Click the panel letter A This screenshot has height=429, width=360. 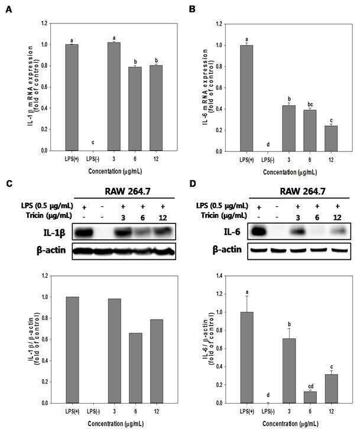(x=9, y=9)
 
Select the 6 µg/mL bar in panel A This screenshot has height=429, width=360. (x=135, y=109)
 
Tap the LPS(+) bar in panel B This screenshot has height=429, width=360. (x=247, y=99)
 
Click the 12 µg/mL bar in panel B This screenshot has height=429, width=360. (x=331, y=139)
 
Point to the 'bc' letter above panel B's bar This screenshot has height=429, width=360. (x=310, y=105)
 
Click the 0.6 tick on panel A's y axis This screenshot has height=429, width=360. (x=44, y=87)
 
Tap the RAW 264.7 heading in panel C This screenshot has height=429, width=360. (x=128, y=191)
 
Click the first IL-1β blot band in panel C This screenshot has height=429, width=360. (x=84, y=233)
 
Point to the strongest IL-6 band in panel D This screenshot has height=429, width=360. (x=258, y=232)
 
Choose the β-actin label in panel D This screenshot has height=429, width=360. (x=227, y=250)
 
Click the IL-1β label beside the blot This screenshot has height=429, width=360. (x=54, y=233)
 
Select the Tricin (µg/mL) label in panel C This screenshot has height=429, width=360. (x=49, y=216)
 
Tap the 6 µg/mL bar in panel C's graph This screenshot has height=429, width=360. (x=136, y=368)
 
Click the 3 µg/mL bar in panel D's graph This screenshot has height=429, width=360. (x=289, y=370)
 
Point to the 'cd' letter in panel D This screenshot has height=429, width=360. (x=311, y=386)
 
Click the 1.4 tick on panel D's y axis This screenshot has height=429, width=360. (x=219, y=276)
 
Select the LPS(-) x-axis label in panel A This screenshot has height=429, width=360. (x=93, y=159)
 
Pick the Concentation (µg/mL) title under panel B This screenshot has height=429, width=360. (x=290, y=172)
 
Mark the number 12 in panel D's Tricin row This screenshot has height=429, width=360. (x=338, y=217)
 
